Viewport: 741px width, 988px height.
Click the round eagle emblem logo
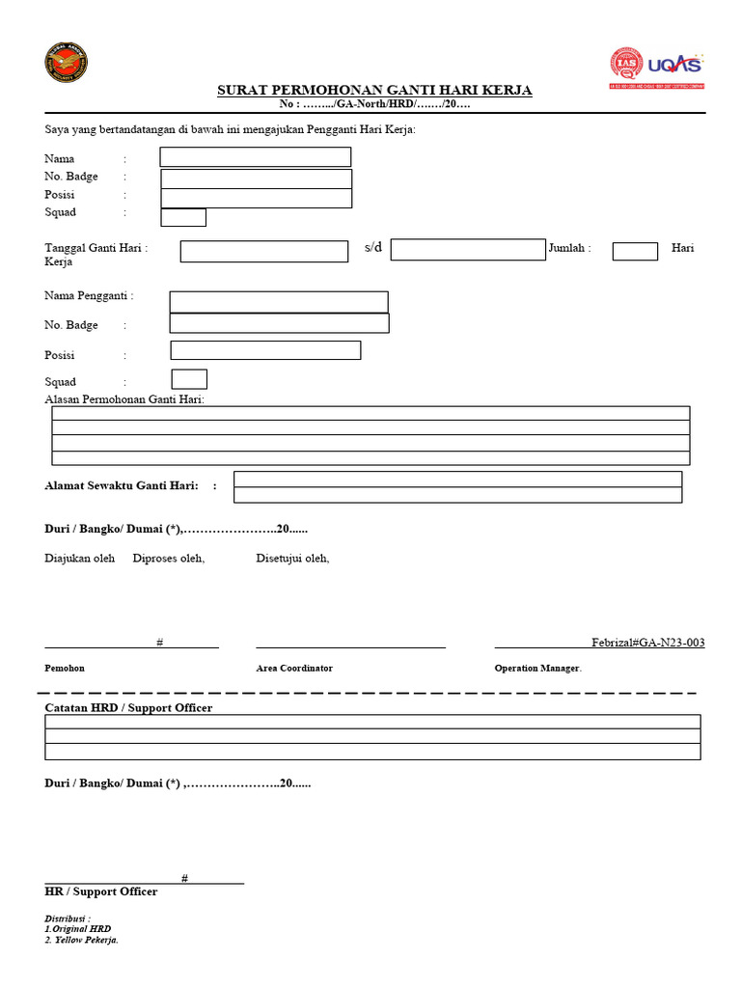(x=66, y=63)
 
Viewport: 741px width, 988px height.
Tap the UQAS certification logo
(x=656, y=68)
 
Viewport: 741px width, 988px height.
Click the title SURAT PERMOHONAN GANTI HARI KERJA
(x=374, y=91)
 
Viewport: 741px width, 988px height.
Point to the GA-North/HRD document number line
(x=374, y=104)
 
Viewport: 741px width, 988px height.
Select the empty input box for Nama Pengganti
(x=279, y=302)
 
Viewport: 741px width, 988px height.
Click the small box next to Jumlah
(x=635, y=251)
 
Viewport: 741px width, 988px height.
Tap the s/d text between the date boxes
(x=373, y=248)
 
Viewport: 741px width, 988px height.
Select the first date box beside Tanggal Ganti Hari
(x=264, y=251)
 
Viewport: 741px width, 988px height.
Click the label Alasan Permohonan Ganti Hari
(x=124, y=399)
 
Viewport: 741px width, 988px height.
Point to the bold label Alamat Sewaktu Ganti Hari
(x=122, y=485)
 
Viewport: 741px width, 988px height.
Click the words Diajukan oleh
(x=80, y=558)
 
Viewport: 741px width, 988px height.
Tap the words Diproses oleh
(x=169, y=558)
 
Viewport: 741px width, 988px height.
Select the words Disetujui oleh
(x=292, y=558)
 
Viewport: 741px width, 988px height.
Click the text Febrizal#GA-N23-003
(x=647, y=643)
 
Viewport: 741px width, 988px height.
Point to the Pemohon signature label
(x=65, y=668)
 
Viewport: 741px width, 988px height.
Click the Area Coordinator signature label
(x=294, y=668)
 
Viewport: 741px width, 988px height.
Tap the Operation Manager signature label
(x=537, y=668)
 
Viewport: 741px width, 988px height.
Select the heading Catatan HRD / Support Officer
(x=128, y=708)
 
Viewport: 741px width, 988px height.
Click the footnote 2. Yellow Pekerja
(x=82, y=940)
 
